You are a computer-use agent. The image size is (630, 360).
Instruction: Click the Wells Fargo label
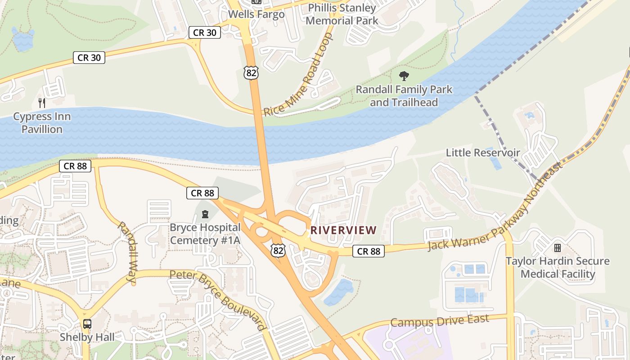tap(256, 14)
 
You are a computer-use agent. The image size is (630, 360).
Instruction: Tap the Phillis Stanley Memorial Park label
tap(342, 14)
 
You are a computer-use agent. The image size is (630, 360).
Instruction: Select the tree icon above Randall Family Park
tap(404, 76)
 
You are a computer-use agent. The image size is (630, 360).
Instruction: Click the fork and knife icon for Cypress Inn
tap(42, 103)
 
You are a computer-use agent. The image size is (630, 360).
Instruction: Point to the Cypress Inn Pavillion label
tap(42, 123)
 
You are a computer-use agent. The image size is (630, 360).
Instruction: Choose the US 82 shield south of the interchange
tap(278, 250)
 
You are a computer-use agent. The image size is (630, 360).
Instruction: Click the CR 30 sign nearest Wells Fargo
tap(205, 32)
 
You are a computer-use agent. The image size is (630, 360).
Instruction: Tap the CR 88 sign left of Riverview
tap(202, 193)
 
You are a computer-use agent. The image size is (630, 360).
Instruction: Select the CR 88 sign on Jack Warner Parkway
tap(369, 251)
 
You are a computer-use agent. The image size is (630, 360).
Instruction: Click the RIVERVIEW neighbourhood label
tap(343, 230)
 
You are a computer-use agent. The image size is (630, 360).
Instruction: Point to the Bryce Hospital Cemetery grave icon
tap(205, 214)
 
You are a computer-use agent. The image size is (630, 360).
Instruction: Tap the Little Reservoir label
tap(482, 153)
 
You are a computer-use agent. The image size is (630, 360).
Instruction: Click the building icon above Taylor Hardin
tap(558, 248)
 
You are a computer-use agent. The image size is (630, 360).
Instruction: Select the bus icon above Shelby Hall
tap(87, 324)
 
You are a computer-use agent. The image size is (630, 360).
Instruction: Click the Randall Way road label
tap(127, 252)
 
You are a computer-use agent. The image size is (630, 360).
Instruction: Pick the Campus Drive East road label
tap(439, 321)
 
